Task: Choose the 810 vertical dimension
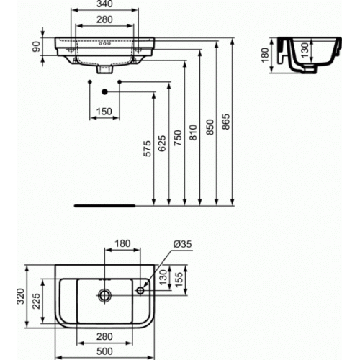(193, 132)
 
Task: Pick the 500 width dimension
(107, 351)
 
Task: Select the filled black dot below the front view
(105, 91)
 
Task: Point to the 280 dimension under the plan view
(107, 336)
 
